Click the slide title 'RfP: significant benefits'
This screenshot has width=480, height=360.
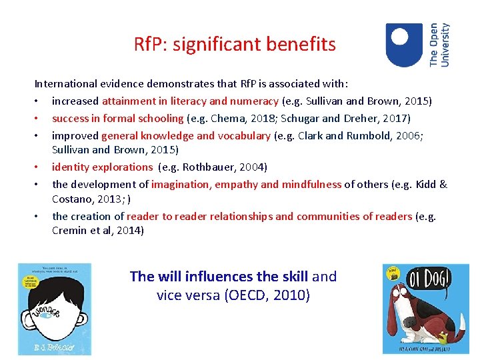pos(235,45)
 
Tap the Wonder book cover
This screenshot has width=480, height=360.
pos(55,308)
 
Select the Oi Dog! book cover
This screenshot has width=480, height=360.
pos(425,308)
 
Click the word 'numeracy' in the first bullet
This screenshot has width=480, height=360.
pos(255,101)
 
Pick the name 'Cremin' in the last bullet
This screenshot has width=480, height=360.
pos(69,231)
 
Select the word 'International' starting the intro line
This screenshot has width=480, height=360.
pos(66,84)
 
